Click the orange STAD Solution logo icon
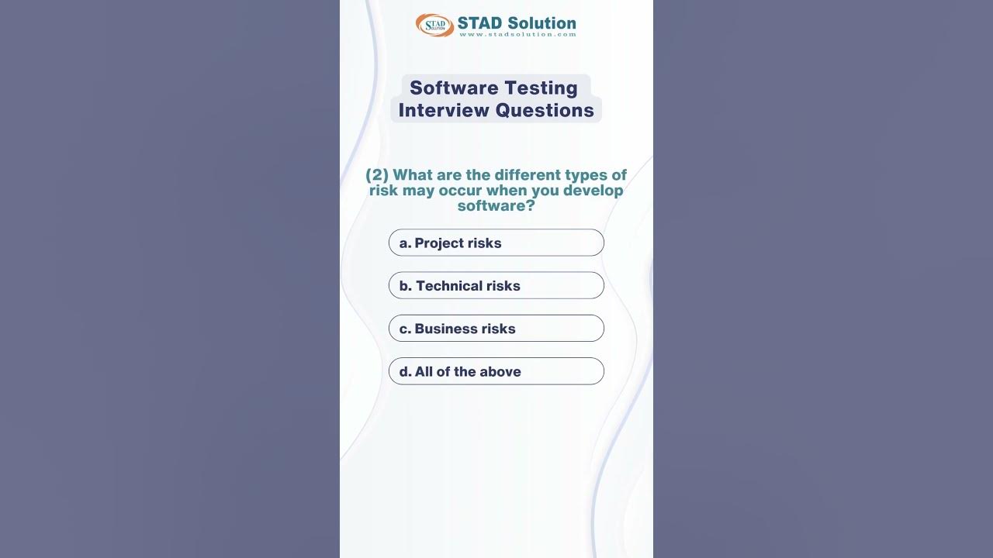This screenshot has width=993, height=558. pos(434,25)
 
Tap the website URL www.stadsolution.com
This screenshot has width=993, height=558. pos(517,34)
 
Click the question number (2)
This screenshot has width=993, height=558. pos(377,175)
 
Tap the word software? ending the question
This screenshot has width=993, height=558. pos(496,206)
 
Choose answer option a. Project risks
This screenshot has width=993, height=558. pos(496,243)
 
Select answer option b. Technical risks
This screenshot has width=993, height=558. pos(496,285)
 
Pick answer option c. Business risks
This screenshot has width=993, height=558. pos(496,329)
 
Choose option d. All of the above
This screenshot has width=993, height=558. pos(496,371)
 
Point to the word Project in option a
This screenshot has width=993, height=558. pos(438,243)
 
